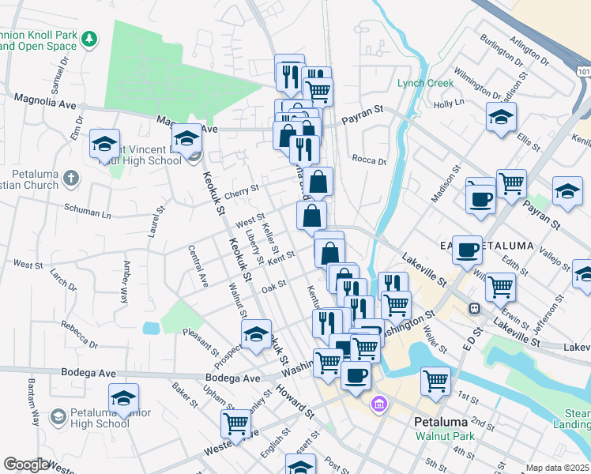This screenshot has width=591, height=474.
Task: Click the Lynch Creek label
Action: tap(425, 83)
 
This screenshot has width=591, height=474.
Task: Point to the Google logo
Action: tap(26, 465)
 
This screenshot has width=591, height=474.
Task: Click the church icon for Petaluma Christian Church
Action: tap(70, 177)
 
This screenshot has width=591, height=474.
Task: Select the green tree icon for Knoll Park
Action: tap(91, 37)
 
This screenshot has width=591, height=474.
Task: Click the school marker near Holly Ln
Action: tap(501, 117)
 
